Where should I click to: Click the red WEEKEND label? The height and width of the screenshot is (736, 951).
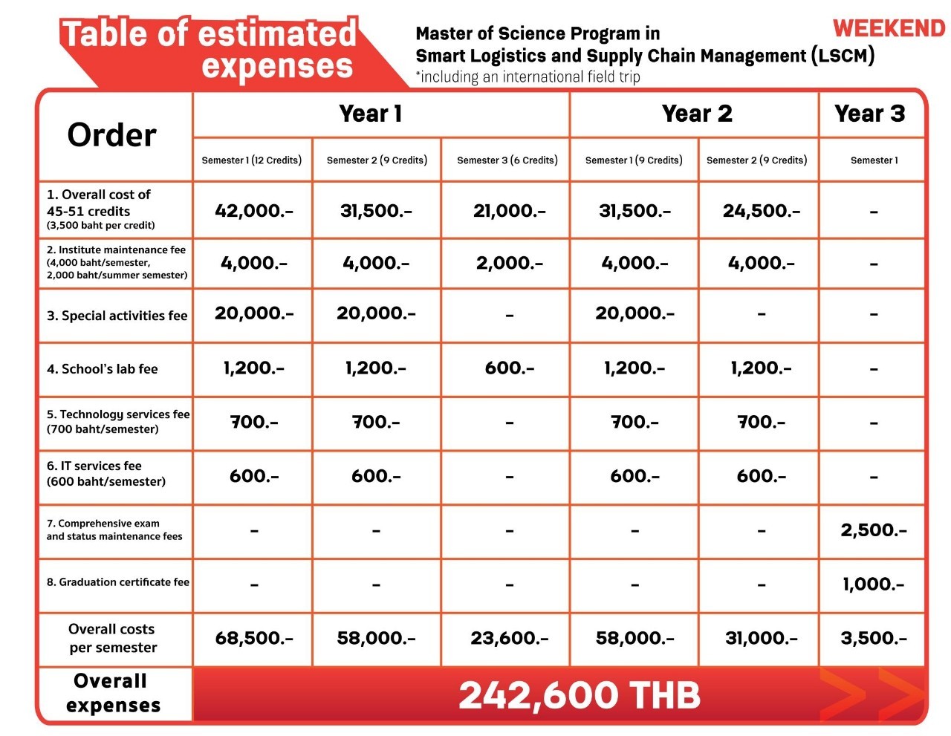tap(889, 28)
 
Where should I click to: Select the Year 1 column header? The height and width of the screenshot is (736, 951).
tap(370, 114)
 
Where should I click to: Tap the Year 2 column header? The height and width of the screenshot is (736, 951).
tap(696, 114)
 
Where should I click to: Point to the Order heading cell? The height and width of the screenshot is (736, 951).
tap(111, 135)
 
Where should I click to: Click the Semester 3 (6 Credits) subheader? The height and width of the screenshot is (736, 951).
tap(507, 160)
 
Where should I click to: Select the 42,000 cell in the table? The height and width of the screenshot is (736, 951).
tap(253, 211)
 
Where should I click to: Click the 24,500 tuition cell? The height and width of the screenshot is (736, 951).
tap(761, 211)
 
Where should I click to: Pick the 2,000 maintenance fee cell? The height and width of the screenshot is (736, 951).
tap(509, 264)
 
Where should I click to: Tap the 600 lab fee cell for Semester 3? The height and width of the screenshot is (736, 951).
tap(509, 368)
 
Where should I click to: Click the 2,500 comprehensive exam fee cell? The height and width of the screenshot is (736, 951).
tap(873, 530)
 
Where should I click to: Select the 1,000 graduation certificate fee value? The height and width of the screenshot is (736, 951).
tap(873, 584)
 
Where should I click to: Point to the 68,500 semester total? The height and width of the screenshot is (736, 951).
tap(253, 639)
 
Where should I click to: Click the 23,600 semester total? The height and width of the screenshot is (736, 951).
tap(509, 639)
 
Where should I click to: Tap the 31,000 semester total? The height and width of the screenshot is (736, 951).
tap(761, 639)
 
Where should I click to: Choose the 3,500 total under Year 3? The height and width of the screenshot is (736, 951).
tap(873, 639)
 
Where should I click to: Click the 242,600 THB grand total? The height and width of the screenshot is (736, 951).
tap(579, 696)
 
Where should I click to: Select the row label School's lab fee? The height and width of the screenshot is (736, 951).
tap(103, 369)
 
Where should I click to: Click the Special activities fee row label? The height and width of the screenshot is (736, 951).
tap(117, 316)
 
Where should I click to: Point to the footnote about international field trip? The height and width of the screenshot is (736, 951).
tap(528, 77)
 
